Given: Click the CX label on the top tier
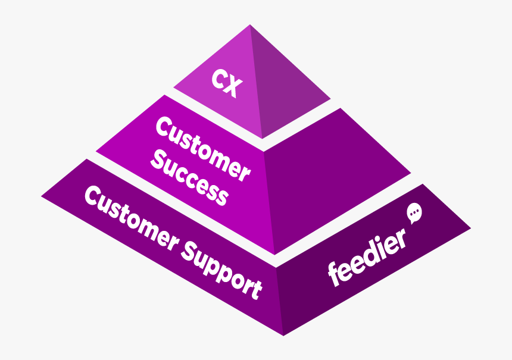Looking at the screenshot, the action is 227,83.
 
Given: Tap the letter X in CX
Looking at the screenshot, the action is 234,87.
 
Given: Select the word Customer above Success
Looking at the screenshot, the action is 203,149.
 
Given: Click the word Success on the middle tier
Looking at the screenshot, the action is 189,178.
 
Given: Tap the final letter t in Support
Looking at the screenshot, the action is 255,290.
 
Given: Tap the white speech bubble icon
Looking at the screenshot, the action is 414,213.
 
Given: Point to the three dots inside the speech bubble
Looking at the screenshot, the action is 414,212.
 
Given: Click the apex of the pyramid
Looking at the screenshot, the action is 250,24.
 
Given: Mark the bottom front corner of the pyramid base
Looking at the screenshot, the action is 283,336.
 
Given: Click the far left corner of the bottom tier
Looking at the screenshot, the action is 41,196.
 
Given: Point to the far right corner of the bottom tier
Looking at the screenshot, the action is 471,228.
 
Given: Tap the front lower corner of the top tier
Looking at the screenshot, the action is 262,139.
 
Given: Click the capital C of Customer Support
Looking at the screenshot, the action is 93,196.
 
